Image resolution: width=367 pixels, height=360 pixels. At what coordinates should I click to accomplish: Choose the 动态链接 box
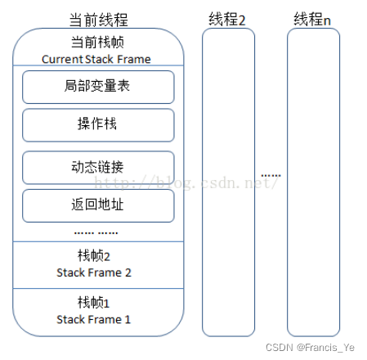pyautogui.click(x=98, y=168)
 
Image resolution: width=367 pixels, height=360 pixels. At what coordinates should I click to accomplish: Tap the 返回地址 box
pyautogui.click(x=98, y=205)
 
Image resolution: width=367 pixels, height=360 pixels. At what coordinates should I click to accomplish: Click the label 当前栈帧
pyautogui.click(x=98, y=43)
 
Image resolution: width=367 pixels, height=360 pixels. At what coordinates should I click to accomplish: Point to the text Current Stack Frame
pyautogui.click(x=97, y=59)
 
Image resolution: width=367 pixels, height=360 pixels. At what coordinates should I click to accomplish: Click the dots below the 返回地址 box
pyautogui.click(x=98, y=232)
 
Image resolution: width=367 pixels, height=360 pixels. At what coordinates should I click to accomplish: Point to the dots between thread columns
pyautogui.click(x=271, y=175)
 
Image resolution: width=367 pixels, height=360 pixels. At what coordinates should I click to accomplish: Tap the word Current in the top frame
pyautogui.click(x=62, y=59)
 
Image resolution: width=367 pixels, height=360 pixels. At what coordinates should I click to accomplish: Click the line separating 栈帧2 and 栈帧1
pyautogui.click(x=98, y=288)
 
